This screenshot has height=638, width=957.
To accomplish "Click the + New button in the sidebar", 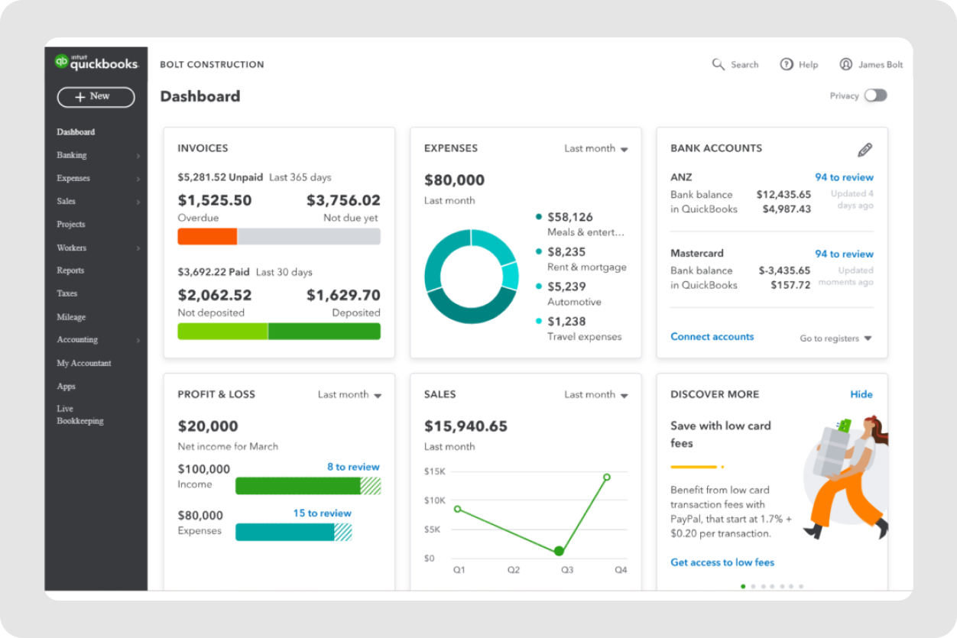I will [96, 97].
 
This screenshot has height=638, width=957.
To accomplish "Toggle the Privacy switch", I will [875, 96].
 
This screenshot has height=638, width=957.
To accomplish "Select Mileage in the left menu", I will [71, 317].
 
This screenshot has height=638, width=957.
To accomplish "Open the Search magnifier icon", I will [718, 65].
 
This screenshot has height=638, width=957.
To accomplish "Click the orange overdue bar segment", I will [207, 237].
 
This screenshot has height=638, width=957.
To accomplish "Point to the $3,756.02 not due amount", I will [343, 200].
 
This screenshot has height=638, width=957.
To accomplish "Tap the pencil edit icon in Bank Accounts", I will [865, 150].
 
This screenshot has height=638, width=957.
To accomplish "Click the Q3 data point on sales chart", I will [559, 551].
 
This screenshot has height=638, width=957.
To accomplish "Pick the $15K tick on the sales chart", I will [434, 471].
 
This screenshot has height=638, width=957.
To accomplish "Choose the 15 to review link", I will [322, 513].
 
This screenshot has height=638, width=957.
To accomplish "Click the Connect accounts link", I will [712, 337].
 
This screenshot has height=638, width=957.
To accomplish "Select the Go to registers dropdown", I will [835, 338].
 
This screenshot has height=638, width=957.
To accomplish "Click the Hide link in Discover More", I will [861, 394].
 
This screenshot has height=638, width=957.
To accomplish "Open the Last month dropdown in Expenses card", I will [595, 149].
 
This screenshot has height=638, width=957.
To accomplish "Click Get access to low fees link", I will [722, 562].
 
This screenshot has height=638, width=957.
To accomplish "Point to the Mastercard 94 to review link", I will [844, 254].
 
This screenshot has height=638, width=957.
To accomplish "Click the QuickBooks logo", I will [96, 63].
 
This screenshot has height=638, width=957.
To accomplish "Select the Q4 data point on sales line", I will [607, 477].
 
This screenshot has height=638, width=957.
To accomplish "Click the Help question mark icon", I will [787, 65].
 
